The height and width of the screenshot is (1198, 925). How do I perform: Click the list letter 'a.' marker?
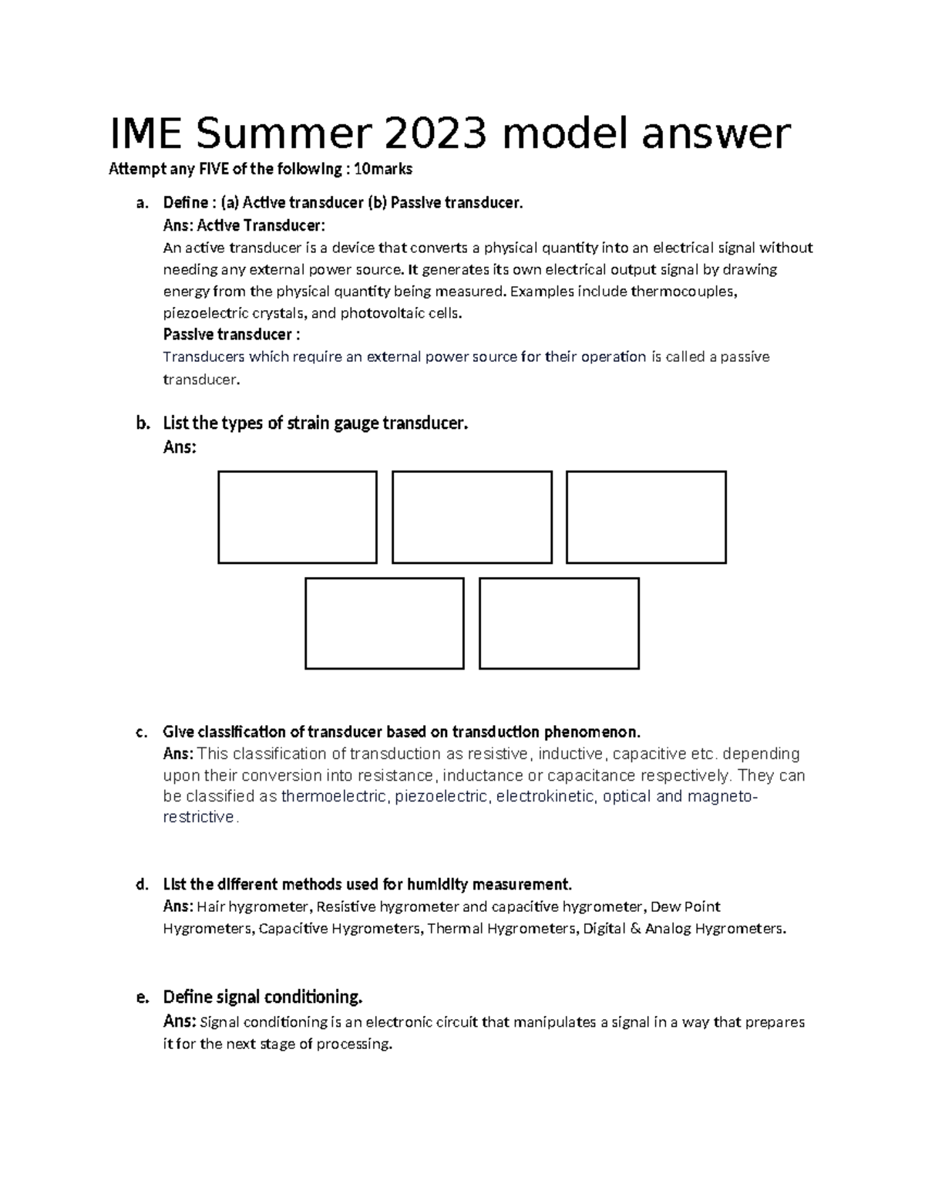pyautogui.click(x=140, y=203)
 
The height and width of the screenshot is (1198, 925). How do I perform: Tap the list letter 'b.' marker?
pyautogui.click(x=141, y=424)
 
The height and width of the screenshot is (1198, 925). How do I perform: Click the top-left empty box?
pyautogui.click(x=298, y=517)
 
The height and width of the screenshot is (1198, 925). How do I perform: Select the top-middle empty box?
pyautogui.click(x=472, y=517)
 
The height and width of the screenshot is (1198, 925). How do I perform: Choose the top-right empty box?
pyautogui.click(x=646, y=517)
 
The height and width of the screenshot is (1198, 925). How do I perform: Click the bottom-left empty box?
pyautogui.click(x=385, y=623)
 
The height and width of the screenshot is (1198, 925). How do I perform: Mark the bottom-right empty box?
pyautogui.click(x=559, y=623)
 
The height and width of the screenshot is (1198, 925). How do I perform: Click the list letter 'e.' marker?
pyautogui.click(x=141, y=997)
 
